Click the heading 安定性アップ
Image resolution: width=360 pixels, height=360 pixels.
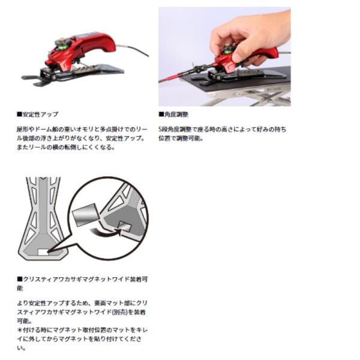[x=40, y=115]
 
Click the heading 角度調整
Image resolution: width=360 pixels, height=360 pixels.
[x=176, y=115]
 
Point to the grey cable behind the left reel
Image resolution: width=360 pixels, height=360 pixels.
[x=133, y=49]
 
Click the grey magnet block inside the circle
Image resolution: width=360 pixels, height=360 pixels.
[x=86, y=214]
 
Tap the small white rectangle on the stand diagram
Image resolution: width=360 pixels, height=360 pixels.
[x=43, y=252]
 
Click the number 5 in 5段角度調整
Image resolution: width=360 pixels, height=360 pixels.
[x=160, y=130]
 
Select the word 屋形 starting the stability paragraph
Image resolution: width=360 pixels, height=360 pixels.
[x=23, y=129]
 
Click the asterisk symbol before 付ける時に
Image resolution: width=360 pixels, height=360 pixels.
[x=20, y=330]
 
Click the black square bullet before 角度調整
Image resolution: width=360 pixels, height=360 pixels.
[x=161, y=114]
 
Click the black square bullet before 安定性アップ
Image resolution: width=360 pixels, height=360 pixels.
[x=19, y=114]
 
